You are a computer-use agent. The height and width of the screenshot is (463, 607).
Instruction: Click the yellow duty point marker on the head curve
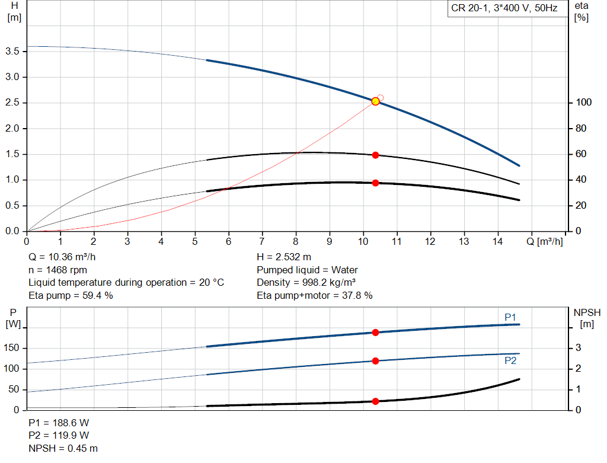point(375,101)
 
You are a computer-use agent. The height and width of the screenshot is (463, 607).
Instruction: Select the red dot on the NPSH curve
point(375,401)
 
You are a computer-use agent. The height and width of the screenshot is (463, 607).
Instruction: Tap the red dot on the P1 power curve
point(375,333)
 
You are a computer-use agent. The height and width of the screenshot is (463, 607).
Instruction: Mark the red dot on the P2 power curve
point(375,361)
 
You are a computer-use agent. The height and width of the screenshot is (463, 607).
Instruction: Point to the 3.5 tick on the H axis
point(12,52)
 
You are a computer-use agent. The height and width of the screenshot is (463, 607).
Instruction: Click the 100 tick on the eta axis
point(584,103)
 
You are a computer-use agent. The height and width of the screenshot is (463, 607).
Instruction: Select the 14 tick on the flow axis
point(497,241)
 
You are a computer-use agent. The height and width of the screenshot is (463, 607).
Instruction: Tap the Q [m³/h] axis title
point(545,241)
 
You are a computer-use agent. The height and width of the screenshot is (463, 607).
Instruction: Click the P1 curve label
point(510,317)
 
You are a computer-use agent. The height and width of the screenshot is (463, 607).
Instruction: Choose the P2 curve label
point(510,361)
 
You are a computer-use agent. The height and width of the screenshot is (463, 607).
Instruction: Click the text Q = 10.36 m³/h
point(62,257)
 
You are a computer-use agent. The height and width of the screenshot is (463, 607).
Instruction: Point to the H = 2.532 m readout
point(284,257)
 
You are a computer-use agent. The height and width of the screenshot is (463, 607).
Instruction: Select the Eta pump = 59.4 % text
point(71,296)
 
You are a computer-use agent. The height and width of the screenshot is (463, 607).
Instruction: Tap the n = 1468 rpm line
point(57,270)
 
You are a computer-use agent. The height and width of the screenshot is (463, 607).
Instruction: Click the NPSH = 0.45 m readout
point(63,448)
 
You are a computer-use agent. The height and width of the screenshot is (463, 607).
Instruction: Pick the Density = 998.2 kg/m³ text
point(306,283)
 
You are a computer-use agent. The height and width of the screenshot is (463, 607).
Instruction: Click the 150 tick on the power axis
point(11,348)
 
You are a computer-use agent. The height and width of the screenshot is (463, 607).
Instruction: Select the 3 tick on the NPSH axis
point(579,347)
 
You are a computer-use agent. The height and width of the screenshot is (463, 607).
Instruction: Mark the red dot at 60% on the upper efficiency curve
point(375,155)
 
